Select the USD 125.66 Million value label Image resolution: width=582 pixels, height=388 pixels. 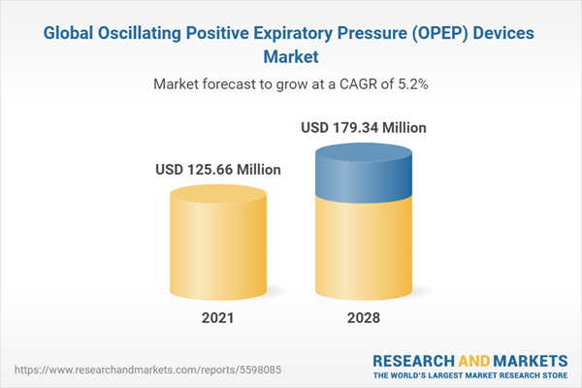click(x=218, y=170)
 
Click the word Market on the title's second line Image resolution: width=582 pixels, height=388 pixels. click(x=291, y=56)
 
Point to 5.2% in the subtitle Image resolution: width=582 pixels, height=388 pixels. click(x=411, y=84)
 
